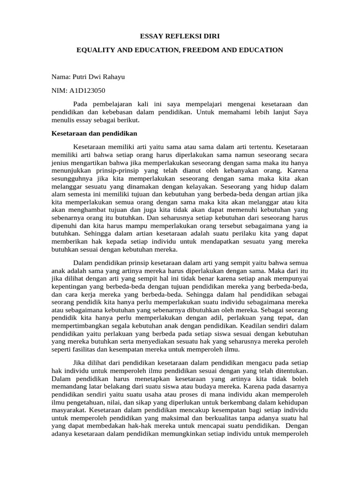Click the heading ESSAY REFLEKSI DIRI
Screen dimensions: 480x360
point(180,36)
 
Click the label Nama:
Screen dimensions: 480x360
point(61,76)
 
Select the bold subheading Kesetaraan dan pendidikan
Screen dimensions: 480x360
point(90,134)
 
